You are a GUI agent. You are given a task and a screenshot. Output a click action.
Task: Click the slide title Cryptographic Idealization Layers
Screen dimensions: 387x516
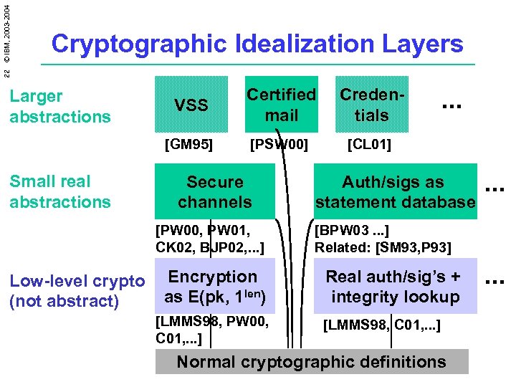pos(257,44)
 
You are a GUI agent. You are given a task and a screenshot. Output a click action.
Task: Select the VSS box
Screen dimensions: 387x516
pos(192,105)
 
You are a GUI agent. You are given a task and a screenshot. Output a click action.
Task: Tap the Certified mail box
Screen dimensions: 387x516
pos(281,105)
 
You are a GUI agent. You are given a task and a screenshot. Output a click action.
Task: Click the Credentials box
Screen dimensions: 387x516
pos(372,105)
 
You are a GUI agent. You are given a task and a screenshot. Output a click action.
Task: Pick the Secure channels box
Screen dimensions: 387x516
pos(215,191)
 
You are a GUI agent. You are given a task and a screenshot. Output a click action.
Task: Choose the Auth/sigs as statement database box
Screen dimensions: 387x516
pos(394,191)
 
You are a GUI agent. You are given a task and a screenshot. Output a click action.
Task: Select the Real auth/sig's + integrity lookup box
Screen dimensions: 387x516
pos(394,287)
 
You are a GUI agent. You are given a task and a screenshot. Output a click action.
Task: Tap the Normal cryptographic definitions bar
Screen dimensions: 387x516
pos(311,362)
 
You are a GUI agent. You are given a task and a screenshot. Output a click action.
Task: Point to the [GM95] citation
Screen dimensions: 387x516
pos(188,145)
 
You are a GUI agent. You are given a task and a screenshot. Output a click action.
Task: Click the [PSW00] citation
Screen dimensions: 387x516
pos(279,145)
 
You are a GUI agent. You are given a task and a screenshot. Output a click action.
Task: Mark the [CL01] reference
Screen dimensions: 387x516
pos(369,145)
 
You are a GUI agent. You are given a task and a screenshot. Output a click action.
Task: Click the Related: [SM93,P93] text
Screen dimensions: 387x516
pos(383,248)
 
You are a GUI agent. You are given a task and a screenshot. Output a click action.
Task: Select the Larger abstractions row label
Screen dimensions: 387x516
pos(60,106)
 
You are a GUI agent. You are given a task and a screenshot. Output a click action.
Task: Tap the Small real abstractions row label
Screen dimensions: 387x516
pos(60,191)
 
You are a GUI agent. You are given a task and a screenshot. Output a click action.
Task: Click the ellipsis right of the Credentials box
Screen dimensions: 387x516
pos(450,105)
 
